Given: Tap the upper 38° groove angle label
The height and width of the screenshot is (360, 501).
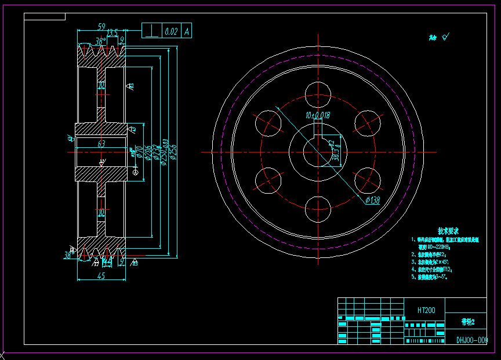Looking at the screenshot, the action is [x=100, y=41].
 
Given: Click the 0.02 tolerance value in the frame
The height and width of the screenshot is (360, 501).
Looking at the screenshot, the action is [x=171, y=31].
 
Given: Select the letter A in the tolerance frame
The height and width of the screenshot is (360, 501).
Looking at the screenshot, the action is [x=187, y=31].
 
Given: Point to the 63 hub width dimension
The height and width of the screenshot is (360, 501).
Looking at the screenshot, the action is [x=101, y=144].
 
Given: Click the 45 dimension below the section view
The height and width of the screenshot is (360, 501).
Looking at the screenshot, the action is [x=100, y=277].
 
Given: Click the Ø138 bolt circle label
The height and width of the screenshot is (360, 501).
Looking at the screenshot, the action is [x=372, y=201].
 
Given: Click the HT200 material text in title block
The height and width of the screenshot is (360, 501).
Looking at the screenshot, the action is [x=426, y=310].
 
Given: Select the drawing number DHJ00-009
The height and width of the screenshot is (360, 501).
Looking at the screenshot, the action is [x=471, y=340].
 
